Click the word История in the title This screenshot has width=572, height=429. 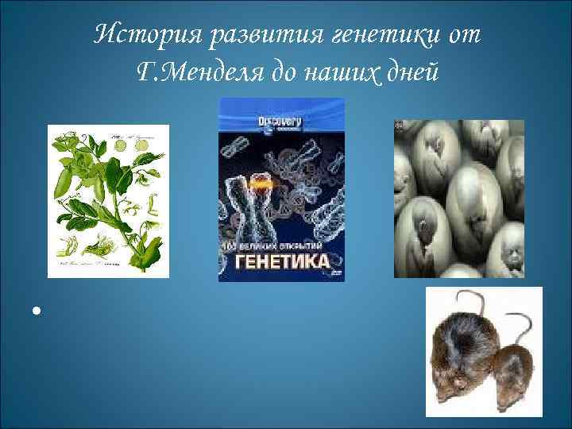140,36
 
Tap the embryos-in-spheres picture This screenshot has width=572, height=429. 459,199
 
